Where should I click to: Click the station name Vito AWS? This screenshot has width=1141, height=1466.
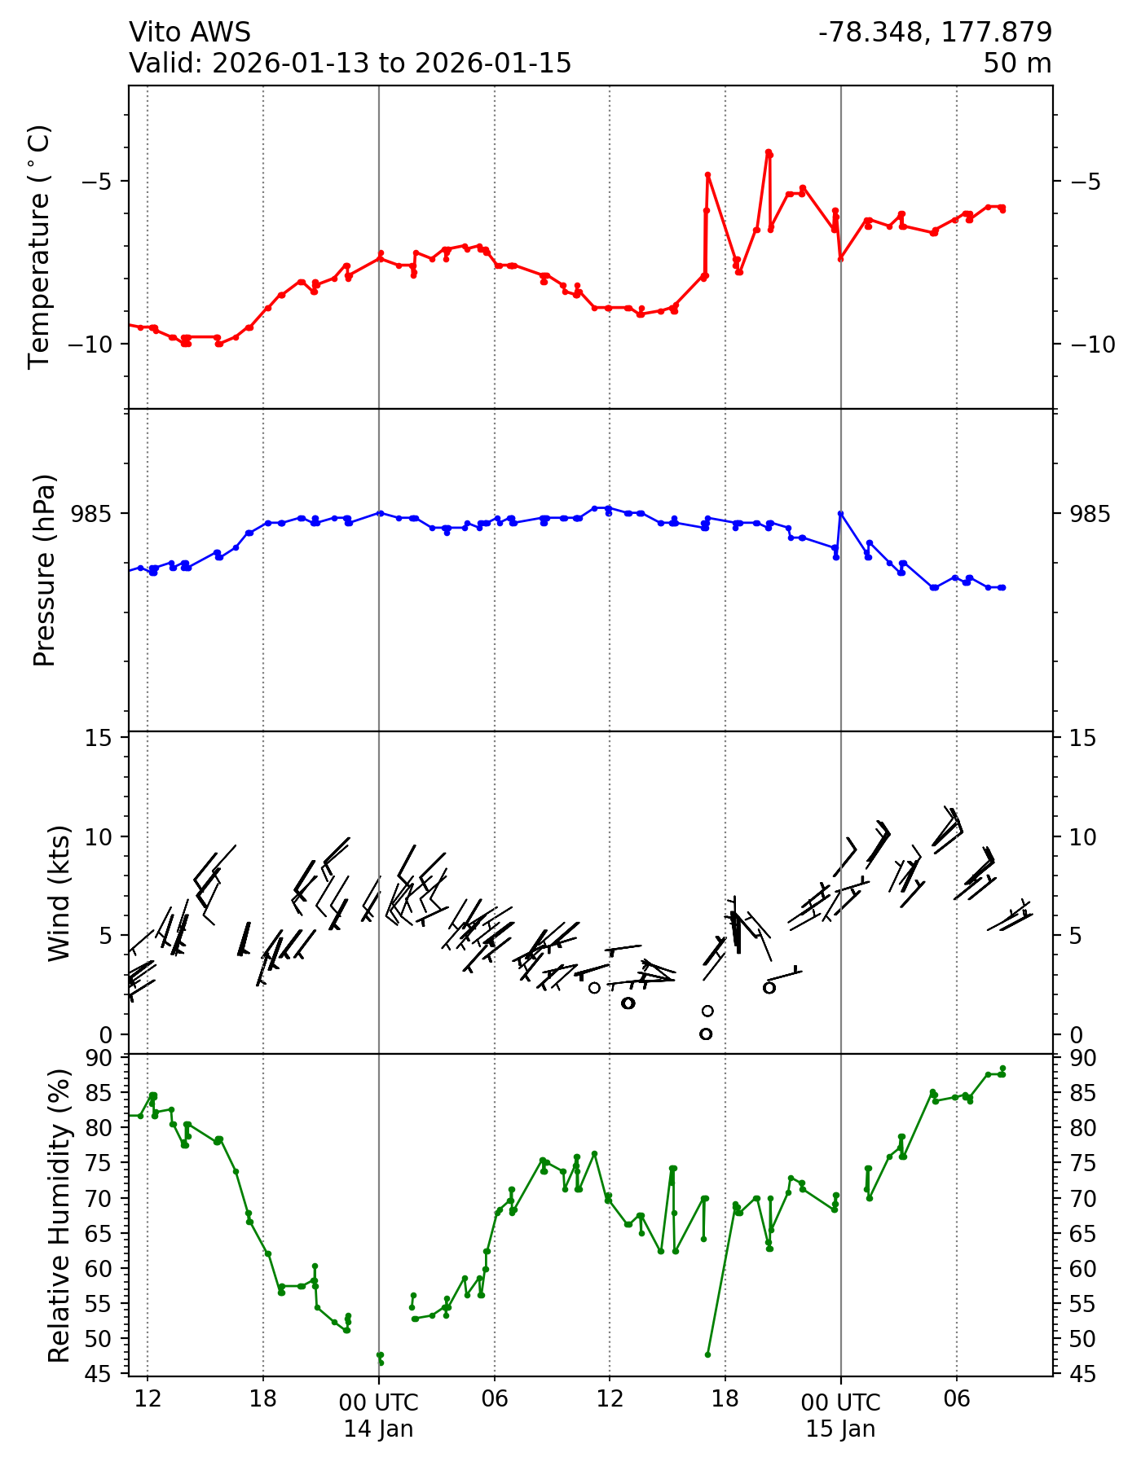[x=190, y=32]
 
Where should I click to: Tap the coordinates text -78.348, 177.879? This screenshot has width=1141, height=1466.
[x=935, y=32]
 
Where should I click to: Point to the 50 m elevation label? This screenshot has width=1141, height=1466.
[x=1016, y=63]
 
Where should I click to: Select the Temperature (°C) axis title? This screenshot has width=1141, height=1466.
[x=39, y=246]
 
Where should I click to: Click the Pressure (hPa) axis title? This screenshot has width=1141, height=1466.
[x=45, y=569]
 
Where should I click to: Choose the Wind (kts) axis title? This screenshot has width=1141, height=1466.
[x=59, y=893]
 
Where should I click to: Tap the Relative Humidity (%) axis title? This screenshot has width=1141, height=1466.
[x=59, y=1215]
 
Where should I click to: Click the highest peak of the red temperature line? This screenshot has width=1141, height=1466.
[x=768, y=152]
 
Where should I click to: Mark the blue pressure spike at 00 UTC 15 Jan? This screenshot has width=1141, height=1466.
[x=840, y=513]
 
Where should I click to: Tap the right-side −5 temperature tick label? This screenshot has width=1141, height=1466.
[x=1081, y=181]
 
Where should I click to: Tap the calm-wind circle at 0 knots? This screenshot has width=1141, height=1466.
[x=706, y=1034]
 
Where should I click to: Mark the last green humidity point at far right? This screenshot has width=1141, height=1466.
[x=1002, y=1069]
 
